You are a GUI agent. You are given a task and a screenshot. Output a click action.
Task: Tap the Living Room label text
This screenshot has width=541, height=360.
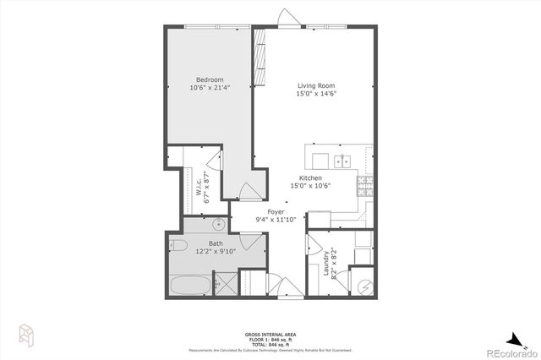pos(317,85)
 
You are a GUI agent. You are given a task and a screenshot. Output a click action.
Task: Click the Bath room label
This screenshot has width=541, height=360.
pos(216,243)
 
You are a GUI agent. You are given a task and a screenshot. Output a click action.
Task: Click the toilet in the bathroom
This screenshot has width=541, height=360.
pos(177,246)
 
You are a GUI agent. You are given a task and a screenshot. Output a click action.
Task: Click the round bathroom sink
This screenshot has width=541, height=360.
pos(218,225)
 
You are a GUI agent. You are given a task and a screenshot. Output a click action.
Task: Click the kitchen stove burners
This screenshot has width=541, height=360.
pos(365,184)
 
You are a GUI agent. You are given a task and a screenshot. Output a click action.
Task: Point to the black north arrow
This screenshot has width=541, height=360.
pos(516,336)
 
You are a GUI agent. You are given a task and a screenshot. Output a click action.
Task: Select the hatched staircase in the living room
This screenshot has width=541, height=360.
pos(260,57)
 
